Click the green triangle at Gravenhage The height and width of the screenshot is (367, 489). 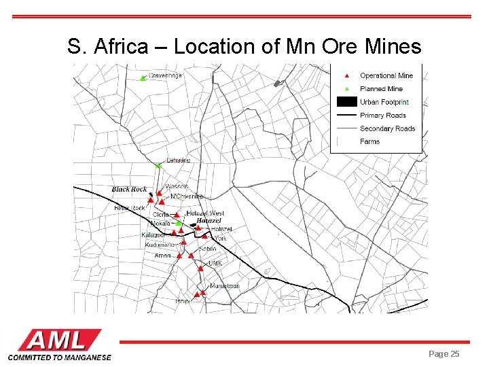click(143, 78)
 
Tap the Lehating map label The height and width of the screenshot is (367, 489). click(179, 160)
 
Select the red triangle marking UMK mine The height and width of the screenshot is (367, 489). click(200, 268)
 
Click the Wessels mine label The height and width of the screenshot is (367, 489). click(176, 186)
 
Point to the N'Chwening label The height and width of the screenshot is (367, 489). click(187, 196)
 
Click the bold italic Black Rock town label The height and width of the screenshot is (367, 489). click(129, 190)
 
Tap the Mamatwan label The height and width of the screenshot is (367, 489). click(224, 286)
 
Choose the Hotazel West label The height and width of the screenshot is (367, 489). click(205, 213)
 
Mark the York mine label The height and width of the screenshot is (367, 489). click(220, 239)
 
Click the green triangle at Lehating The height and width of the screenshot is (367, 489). click(158, 165)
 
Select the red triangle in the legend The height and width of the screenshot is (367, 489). click(346, 75)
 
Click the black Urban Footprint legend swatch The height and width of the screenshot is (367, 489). click(346, 102)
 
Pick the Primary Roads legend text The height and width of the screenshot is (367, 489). click(383, 116)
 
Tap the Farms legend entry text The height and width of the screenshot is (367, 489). click(370, 141)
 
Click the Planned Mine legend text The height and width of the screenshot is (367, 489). click(381, 89)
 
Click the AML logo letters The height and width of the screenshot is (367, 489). click(60, 340)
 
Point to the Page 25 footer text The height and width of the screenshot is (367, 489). click(444, 354)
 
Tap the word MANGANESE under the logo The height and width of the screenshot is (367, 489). click(87, 357)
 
